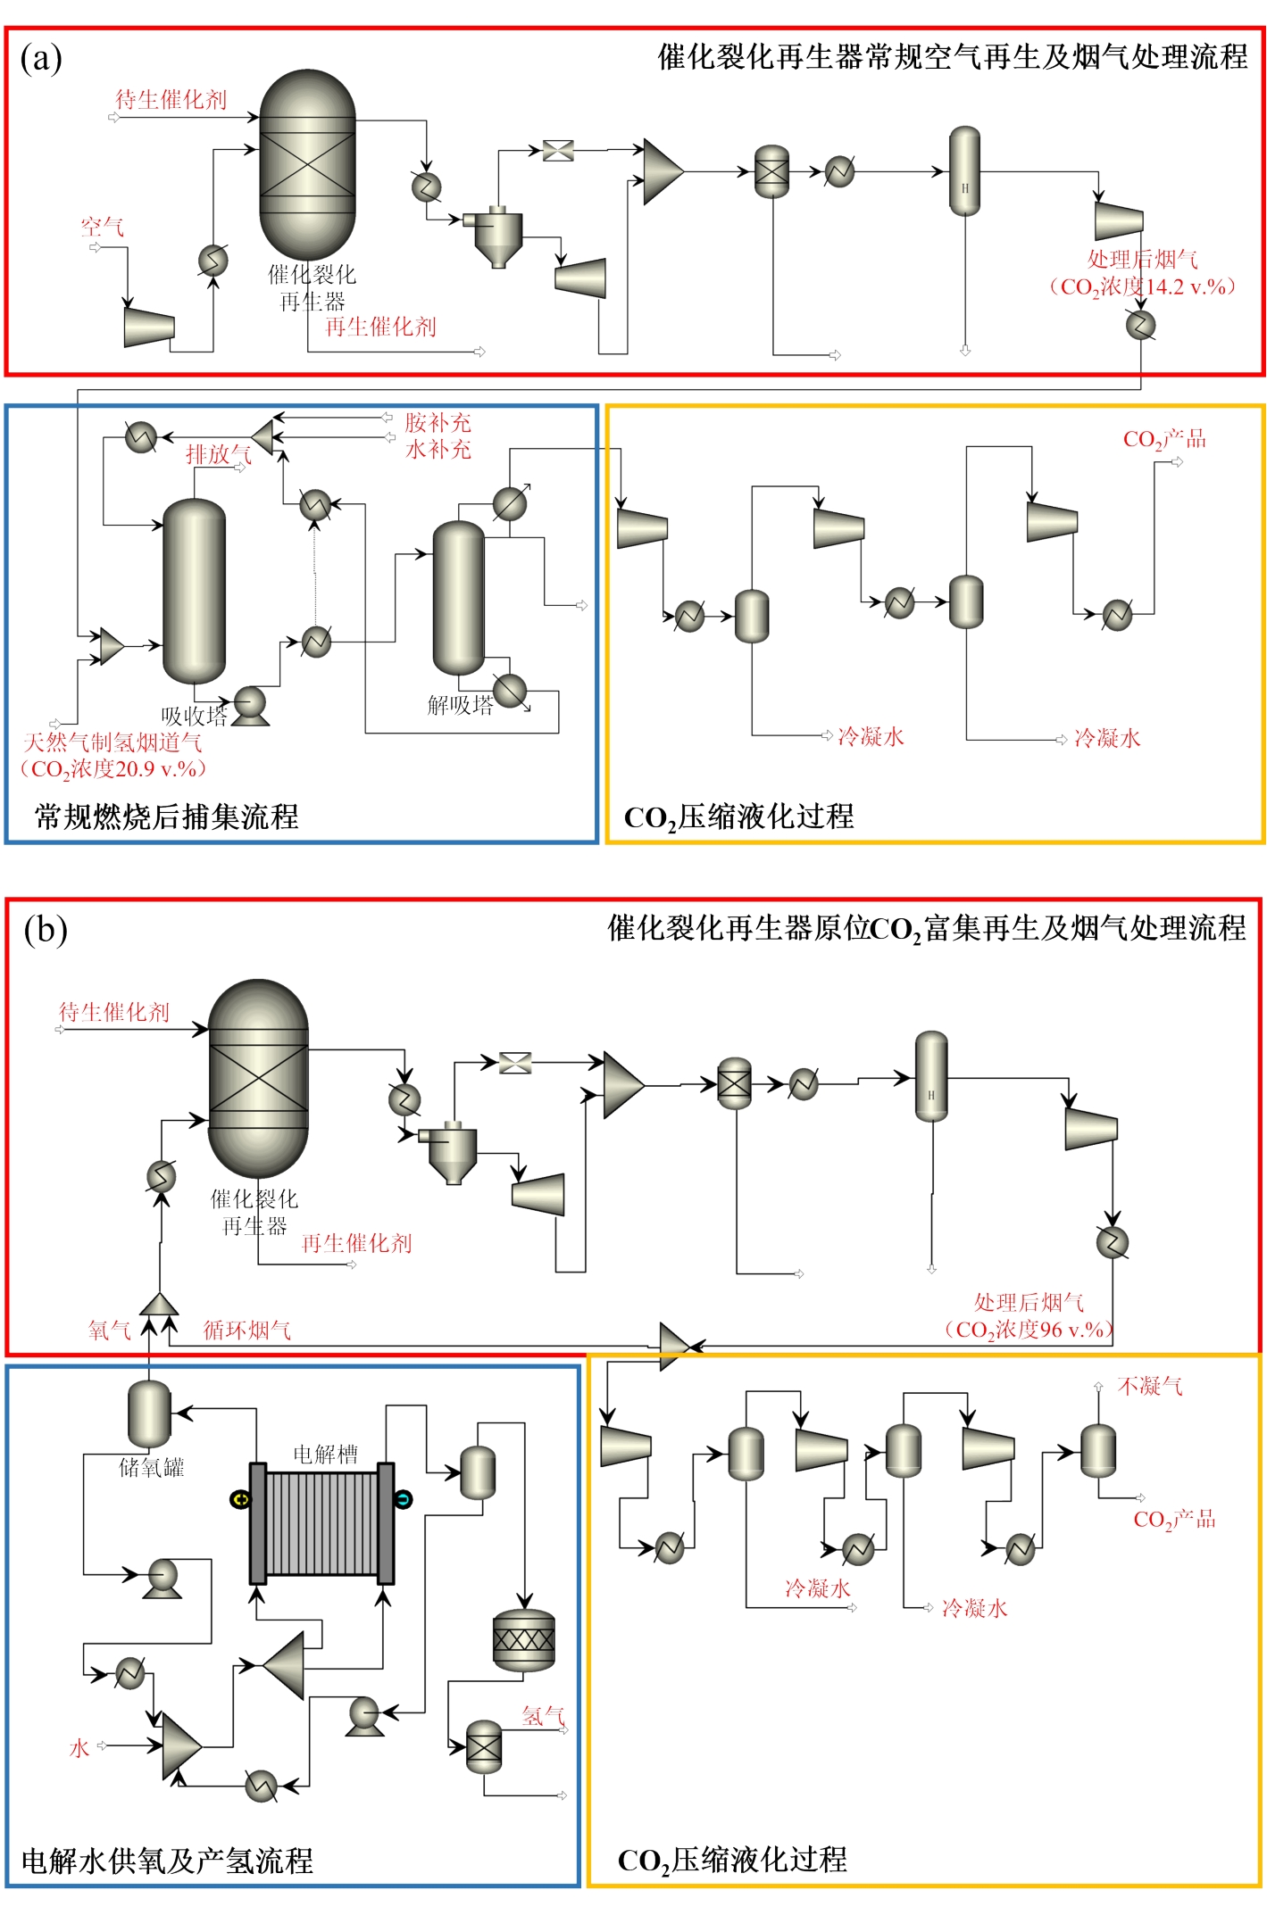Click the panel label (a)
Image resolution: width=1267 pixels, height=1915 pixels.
pos(41,59)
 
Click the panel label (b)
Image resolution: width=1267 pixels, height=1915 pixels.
pos(46,930)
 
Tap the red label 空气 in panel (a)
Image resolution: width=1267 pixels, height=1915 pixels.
pos(102,227)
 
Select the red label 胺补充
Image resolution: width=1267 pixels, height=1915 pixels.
pos(438,422)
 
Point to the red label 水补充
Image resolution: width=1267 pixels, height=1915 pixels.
pos(438,449)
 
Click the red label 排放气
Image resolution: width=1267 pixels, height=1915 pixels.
pos(218,454)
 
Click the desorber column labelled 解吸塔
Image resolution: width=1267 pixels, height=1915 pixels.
pos(459,598)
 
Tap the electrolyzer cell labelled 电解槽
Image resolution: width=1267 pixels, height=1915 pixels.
pos(321,1524)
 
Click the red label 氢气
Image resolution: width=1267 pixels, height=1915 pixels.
pos(543,1715)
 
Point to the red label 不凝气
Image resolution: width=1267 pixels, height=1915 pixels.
pos(1150,1386)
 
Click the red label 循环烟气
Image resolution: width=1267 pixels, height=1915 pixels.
pos(247,1331)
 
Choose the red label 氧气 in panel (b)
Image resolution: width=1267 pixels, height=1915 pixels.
pos(109,1331)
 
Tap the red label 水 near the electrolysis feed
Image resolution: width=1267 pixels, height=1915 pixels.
pos(79,1748)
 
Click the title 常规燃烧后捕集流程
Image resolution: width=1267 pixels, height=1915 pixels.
pos(166,817)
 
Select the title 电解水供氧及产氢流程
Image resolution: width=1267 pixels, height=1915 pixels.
pos(167,1861)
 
